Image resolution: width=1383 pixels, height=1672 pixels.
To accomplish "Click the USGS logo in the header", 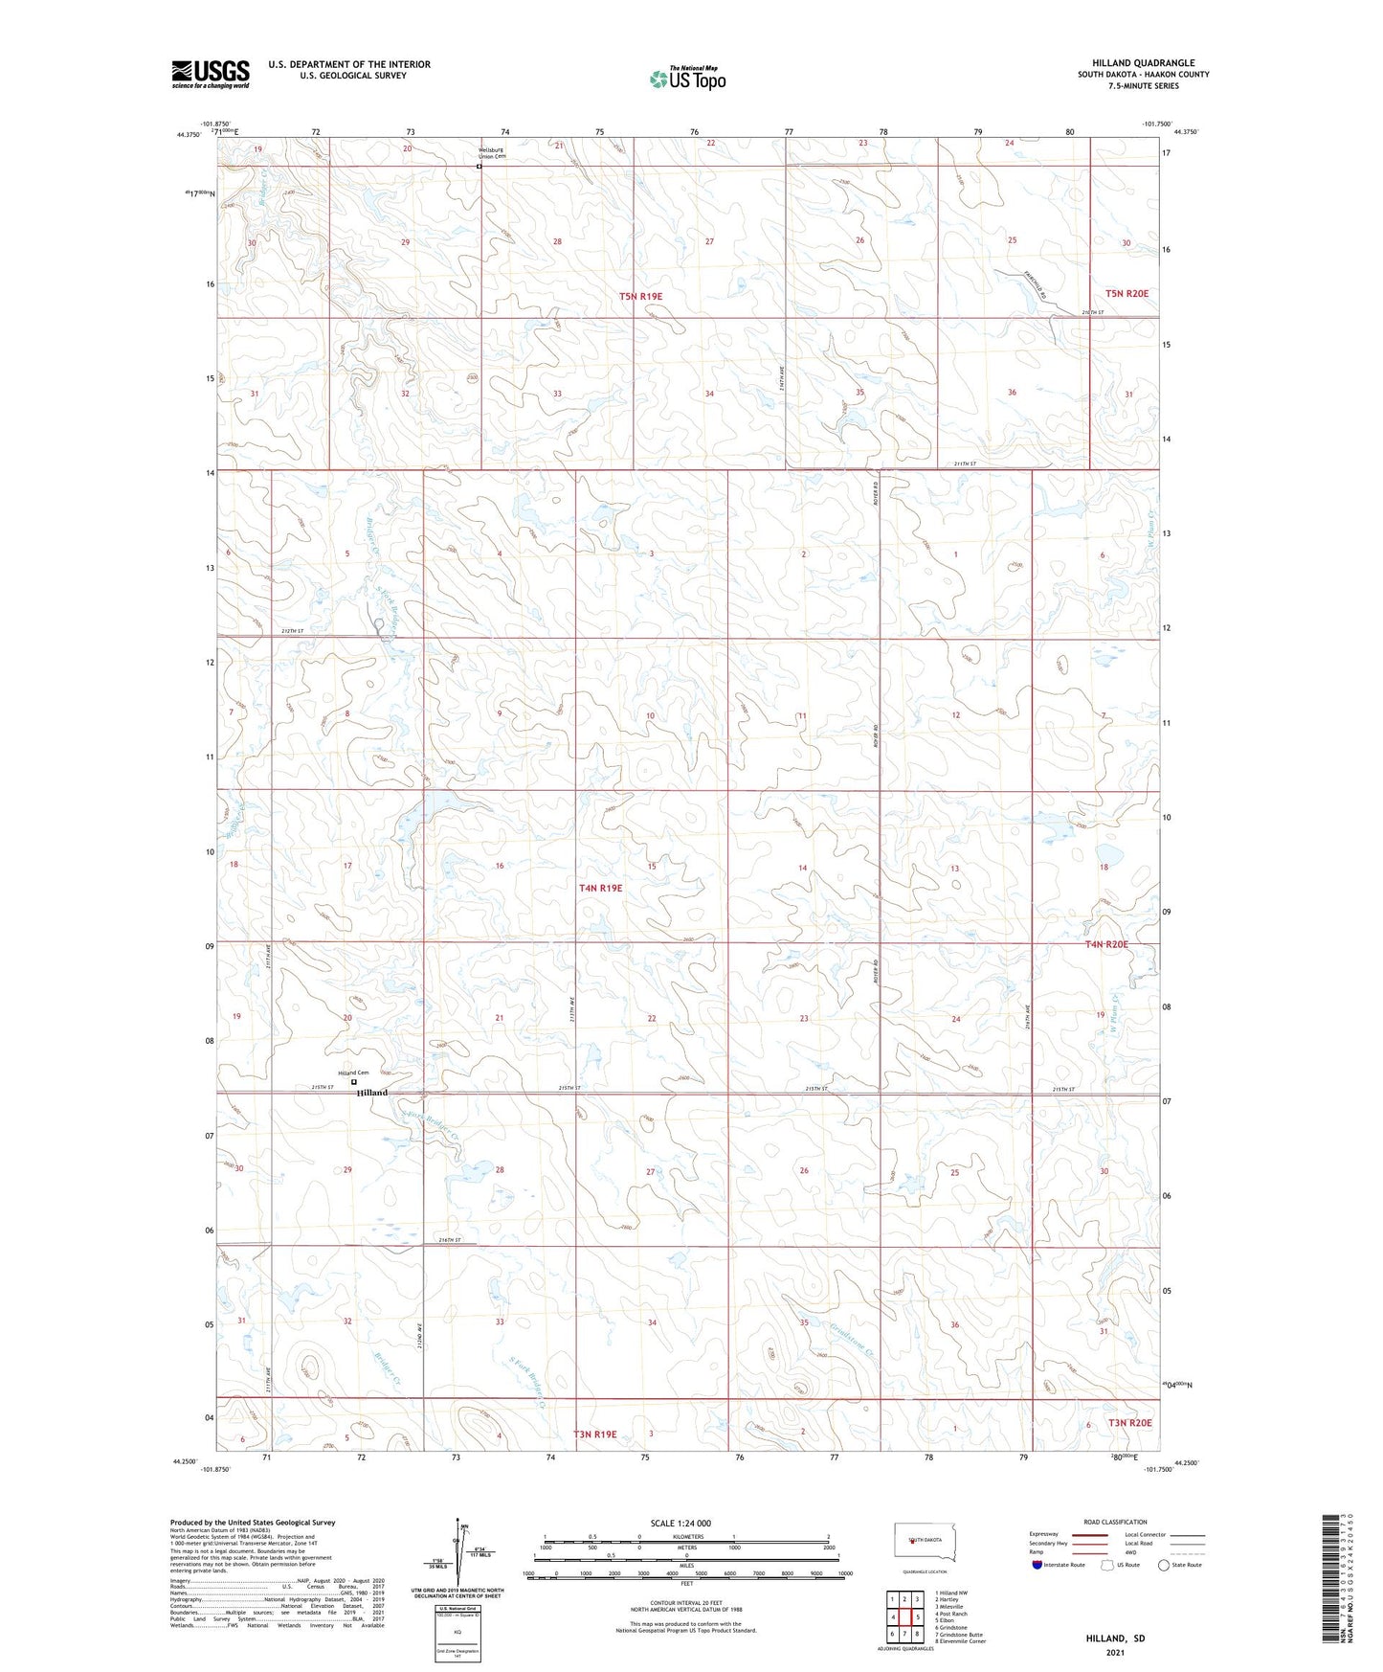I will tap(211, 74).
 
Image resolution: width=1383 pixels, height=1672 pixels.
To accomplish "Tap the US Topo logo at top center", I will tap(687, 79).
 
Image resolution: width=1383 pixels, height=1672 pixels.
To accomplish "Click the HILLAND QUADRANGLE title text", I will tap(1143, 63).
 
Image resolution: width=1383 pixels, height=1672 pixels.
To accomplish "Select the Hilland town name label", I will tap(372, 1093).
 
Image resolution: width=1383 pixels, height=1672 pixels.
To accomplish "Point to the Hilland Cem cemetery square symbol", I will tap(354, 1082).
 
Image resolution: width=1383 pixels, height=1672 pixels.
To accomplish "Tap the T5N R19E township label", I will tap(640, 297).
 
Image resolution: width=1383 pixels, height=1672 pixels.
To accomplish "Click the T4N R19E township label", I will tap(600, 888).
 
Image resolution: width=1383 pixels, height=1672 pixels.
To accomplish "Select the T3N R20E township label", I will tap(1129, 1422).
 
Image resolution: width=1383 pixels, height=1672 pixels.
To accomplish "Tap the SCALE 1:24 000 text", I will tap(680, 1523).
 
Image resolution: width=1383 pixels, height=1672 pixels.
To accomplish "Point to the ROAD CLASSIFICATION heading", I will tap(1115, 1522).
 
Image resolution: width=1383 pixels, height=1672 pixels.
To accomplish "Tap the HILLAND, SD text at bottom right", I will tap(1115, 1638).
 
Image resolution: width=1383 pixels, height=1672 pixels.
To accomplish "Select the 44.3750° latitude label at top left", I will tap(189, 134).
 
